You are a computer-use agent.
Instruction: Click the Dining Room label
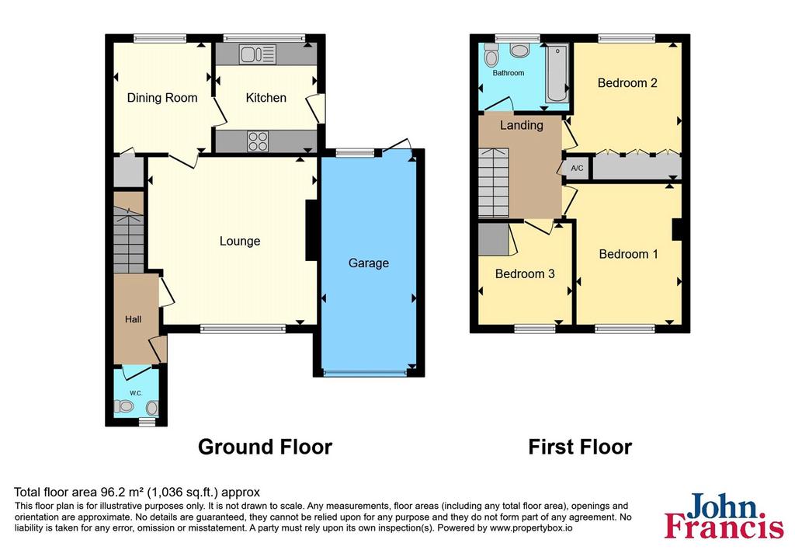(161, 98)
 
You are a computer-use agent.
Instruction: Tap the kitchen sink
(258, 54)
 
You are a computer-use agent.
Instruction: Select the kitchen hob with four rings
(258, 141)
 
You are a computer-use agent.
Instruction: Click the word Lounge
(240, 241)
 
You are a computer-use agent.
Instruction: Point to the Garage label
(369, 263)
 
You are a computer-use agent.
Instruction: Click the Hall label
(134, 319)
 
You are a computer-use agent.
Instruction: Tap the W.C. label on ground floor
(135, 393)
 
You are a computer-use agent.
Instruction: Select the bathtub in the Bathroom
(557, 73)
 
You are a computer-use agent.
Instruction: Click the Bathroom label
(508, 73)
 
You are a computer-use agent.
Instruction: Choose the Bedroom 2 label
(627, 82)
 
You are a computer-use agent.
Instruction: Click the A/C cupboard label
(577, 168)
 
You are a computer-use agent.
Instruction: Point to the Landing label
(521, 125)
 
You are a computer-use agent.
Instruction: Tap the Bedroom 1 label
(628, 254)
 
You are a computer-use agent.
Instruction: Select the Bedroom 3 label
(525, 274)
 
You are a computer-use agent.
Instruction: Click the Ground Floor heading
(265, 447)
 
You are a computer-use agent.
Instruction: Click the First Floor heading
(580, 447)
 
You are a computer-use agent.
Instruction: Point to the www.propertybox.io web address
(531, 528)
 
